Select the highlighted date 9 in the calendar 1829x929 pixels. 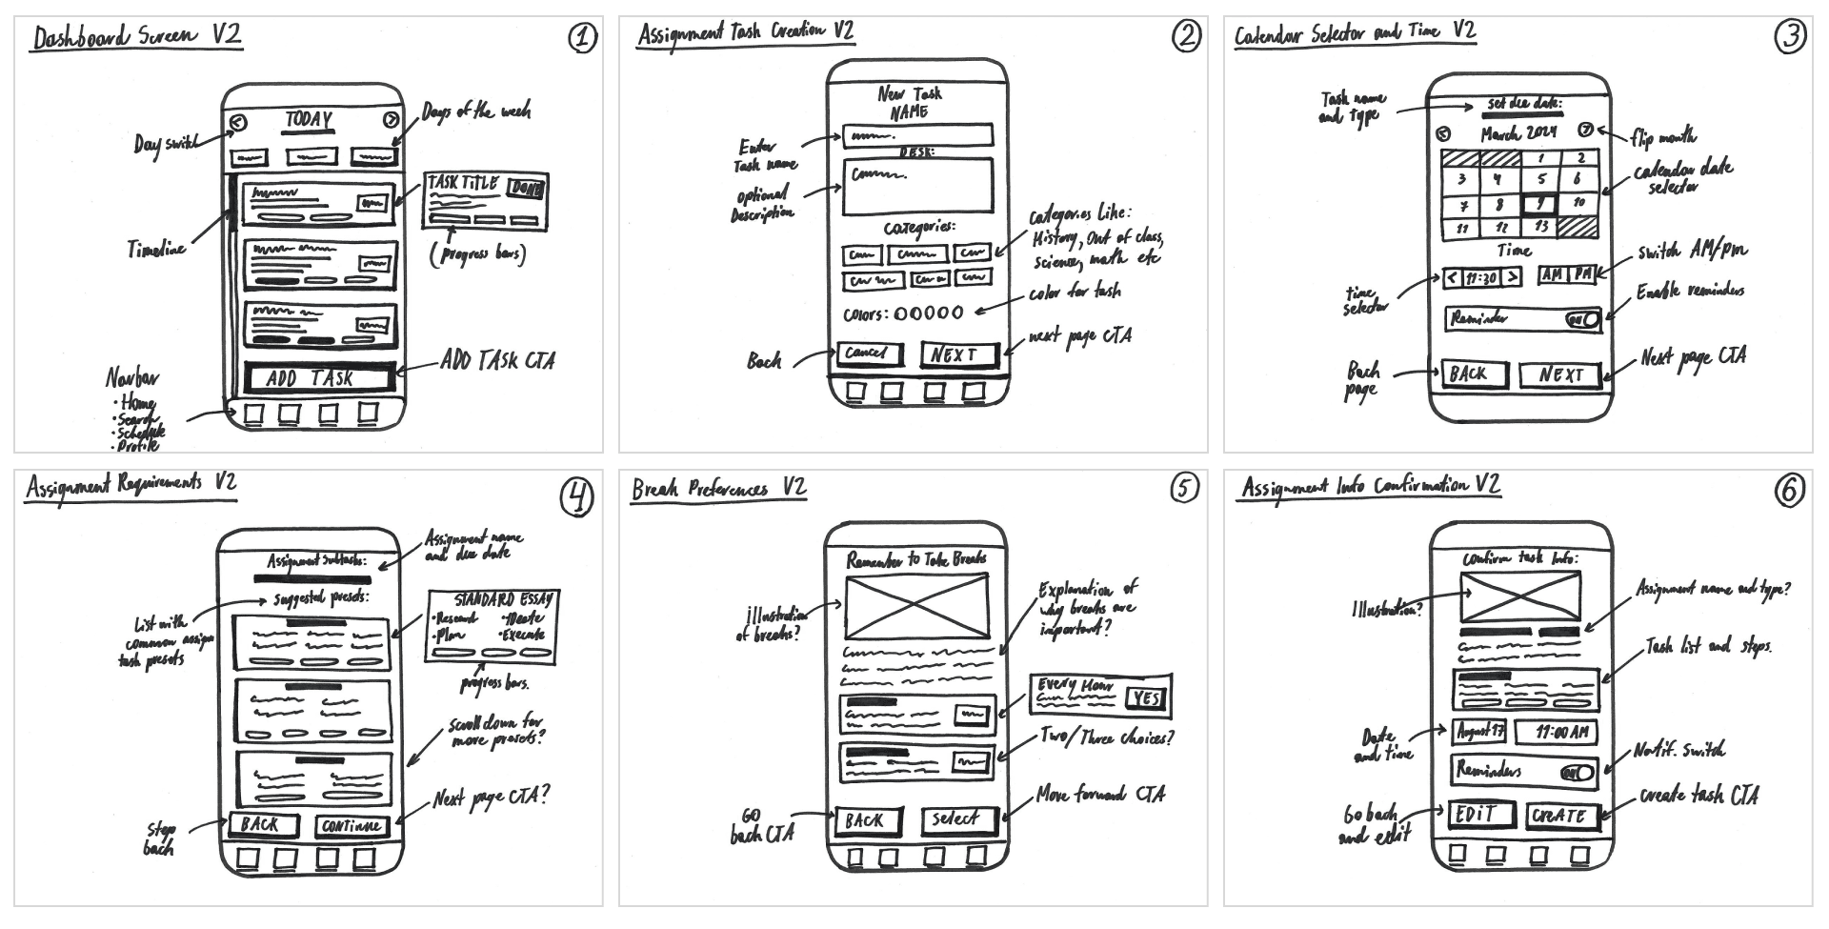click(x=1539, y=204)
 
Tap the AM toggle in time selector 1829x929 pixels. click(x=1553, y=275)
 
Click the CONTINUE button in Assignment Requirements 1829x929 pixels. click(x=352, y=826)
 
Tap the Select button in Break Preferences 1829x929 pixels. click(x=955, y=819)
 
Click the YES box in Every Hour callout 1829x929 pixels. click(x=1146, y=699)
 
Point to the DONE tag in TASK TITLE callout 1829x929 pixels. click(x=527, y=189)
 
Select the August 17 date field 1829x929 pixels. click(x=1479, y=733)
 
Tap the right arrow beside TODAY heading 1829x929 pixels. click(x=391, y=121)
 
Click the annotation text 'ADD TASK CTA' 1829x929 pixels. click(x=497, y=361)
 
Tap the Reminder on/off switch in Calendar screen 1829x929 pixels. click(x=1583, y=320)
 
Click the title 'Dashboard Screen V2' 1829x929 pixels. click(x=136, y=37)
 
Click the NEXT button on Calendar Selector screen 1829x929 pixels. click(x=1560, y=375)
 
